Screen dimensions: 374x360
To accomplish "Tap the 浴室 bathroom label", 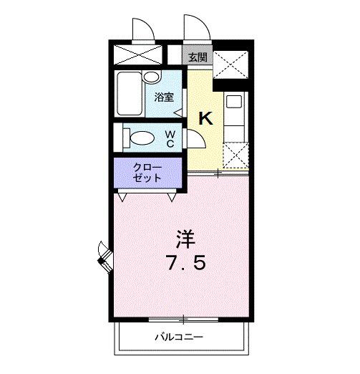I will (165, 97).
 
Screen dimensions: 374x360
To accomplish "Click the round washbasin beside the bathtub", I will (150, 77).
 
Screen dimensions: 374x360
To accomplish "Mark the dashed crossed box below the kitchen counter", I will (235, 154).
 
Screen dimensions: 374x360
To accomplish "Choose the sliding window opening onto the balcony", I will (184, 318).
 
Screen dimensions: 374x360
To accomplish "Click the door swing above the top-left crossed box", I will (142, 30).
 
